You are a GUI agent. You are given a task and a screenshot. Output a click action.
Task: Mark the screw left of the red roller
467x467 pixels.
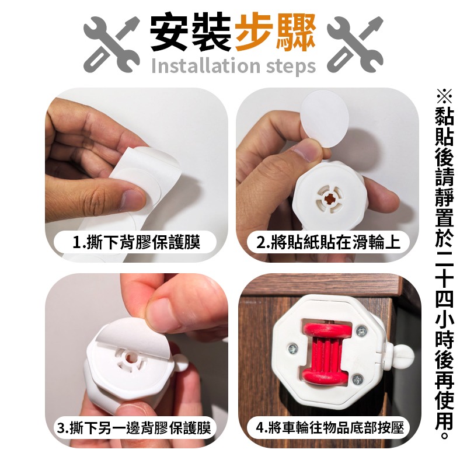point(292,349)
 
